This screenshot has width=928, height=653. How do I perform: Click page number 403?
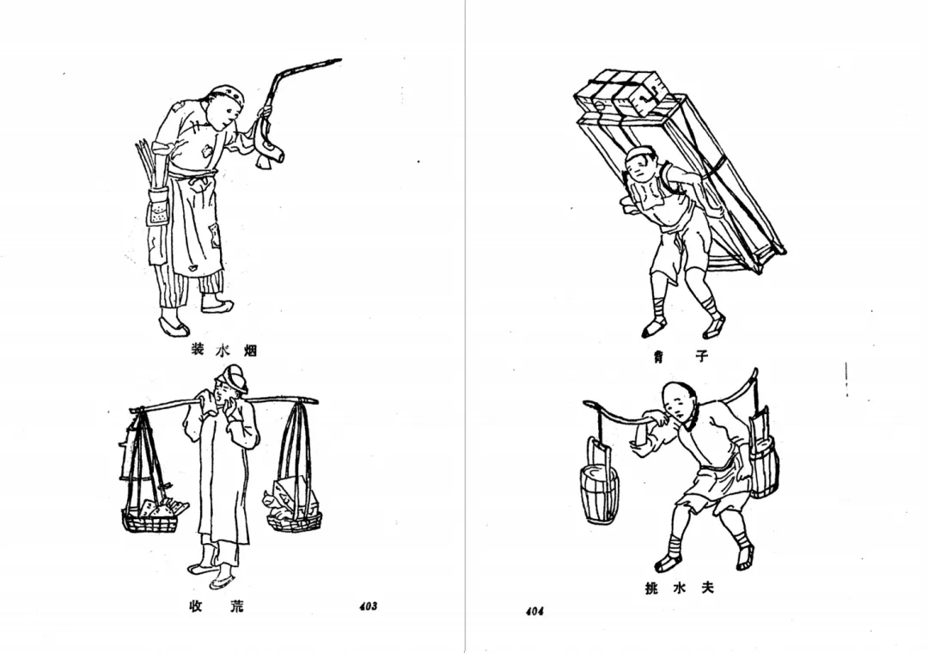coord(368,606)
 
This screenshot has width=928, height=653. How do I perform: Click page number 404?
coord(534,611)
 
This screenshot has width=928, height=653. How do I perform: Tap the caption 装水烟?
coord(223,350)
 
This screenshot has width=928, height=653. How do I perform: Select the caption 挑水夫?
coord(680,588)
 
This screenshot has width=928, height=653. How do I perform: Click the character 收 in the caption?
coord(196,607)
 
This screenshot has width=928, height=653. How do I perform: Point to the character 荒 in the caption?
coord(236,607)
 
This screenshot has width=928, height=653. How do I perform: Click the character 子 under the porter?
coord(701,356)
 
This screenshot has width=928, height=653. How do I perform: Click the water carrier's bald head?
coord(676,398)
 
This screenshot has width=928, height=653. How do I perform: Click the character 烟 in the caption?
coord(251,350)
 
